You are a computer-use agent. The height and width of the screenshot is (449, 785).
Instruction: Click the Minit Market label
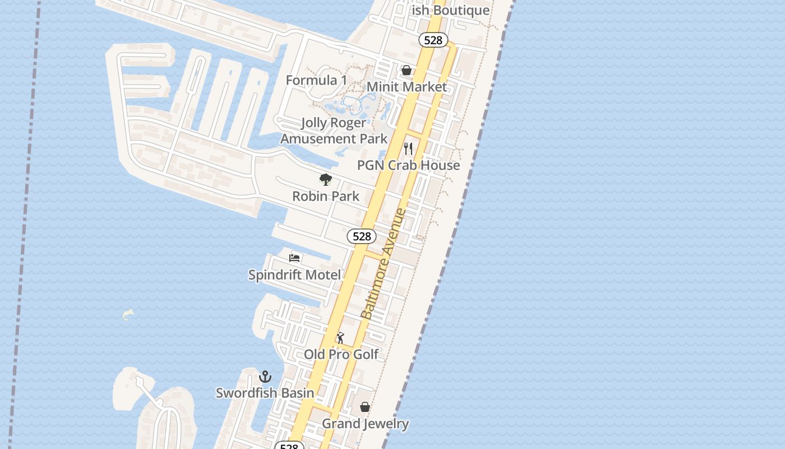pos(407,87)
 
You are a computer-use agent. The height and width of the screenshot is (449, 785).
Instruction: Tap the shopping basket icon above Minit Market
pos(407,70)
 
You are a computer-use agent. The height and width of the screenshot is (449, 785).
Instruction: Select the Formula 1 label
pos(316,80)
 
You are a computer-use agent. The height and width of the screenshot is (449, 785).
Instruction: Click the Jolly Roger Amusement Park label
pos(334,131)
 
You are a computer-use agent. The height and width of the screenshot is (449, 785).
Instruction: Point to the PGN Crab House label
pos(409,165)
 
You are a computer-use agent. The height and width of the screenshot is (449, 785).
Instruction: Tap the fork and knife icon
pos(408,149)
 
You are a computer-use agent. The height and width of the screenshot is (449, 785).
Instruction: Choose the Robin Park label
pos(326,196)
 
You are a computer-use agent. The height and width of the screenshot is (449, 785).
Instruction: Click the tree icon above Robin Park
pos(326,180)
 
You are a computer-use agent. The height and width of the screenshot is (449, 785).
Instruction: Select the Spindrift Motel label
pos(294,275)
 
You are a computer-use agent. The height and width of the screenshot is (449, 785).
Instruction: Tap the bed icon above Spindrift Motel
pos(294,258)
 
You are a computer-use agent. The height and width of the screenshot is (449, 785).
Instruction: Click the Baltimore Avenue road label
pos(384,264)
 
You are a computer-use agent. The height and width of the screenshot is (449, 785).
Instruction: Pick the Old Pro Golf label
pos(341,354)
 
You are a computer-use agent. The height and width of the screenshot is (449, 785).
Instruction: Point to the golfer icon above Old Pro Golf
pos(340,338)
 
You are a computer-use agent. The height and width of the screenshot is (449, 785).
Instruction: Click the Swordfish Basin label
pos(265,393)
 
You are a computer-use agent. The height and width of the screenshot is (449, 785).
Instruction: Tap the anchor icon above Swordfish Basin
pos(265,377)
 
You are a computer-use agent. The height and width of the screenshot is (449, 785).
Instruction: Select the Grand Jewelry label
pos(365,424)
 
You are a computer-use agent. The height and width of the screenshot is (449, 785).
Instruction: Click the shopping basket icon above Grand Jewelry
pos(365,407)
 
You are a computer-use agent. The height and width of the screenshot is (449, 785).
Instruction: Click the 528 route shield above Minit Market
pos(433,40)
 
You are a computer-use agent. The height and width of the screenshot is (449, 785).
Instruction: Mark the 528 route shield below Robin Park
pos(362,236)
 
